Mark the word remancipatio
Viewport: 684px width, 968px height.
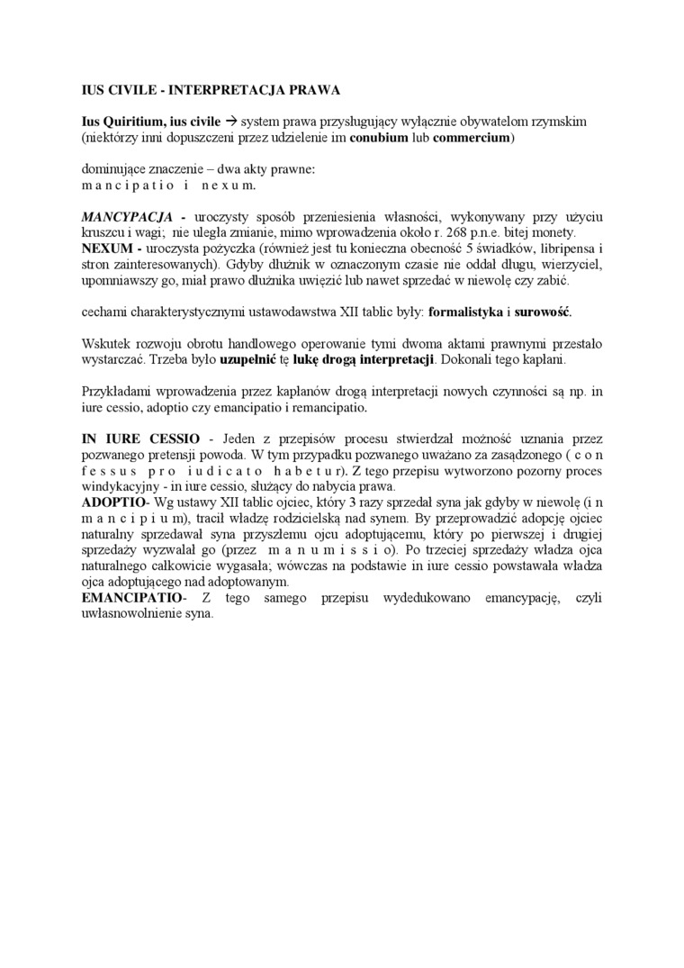pos(328,407)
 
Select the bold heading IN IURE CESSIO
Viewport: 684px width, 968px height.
pos(134,439)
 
